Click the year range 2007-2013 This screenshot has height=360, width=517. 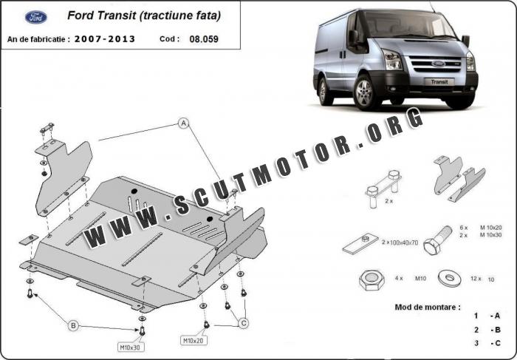click(x=104, y=38)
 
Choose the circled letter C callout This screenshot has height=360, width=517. click(x=244, y=322)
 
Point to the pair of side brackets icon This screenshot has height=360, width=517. click(x=459, y=180)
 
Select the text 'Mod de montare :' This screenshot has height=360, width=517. click(x=428, y=305)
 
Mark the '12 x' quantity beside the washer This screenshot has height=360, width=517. click(x=476, y=279)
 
